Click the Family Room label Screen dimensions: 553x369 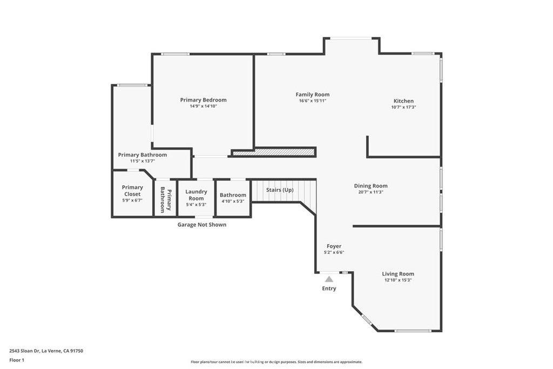coord(313,95)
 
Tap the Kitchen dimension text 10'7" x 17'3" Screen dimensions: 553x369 coord(403,107)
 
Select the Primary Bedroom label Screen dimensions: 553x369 coord(203,100)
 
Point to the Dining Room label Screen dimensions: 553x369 coord(370,186)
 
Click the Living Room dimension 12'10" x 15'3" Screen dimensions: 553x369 coord(398,280)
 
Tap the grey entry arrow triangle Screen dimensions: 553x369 coord(329,279)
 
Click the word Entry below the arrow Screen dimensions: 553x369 coord(329,289)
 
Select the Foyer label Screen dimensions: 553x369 coord(334,246)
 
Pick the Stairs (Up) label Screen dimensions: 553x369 coord(280,190)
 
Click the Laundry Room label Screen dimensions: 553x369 coord(196,194)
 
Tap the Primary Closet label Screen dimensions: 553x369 coord(132,191)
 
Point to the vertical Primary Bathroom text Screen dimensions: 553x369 coord(166,200)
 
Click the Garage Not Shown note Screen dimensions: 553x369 coord(202,225)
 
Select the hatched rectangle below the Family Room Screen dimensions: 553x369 coord(273,152)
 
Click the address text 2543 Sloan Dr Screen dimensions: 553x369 coord(24,351)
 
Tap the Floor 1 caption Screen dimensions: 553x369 coord(17,360)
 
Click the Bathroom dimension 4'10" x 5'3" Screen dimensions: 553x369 coord(233,201)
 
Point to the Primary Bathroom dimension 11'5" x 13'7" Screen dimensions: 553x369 coord(143,161)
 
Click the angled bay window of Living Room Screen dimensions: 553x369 coord(367,320)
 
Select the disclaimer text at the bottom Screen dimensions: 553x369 coord(276,361)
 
